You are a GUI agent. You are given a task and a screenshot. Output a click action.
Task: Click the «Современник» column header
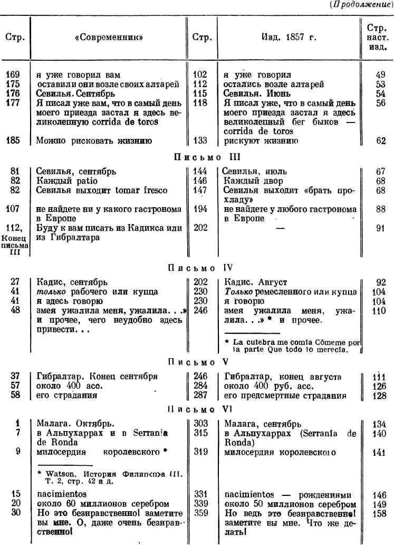tap(109, 37)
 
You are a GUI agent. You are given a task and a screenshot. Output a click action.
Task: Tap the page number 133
tap(200, 141)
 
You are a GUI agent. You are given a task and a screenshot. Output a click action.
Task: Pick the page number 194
tap(200, 209)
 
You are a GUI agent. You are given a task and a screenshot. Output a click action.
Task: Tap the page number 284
tap(200, 386)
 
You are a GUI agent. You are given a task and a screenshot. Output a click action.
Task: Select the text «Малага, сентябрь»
tap(263, 424)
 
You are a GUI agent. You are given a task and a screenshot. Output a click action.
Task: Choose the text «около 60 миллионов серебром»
tap(103, 504)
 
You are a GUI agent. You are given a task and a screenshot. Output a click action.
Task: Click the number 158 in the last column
tap(379, 513)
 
